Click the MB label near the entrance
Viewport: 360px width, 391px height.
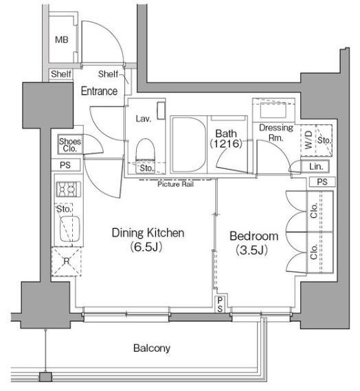click(62, 40)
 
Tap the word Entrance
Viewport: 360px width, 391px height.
click(99, 91)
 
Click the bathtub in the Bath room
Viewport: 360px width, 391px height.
click(189, 144)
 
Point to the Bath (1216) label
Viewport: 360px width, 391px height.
click(226, 139)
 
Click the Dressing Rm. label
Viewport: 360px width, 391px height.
click(276, 133)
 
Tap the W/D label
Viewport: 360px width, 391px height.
click(308, 140)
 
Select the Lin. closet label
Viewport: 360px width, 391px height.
click(316, 166)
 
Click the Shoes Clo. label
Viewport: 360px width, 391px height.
click(70, 145)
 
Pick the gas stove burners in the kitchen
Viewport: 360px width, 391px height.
click(69, 189)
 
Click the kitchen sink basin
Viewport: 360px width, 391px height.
click(70, 229)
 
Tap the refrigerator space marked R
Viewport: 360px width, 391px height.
click(67, 261)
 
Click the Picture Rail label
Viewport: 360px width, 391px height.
click(175, 184)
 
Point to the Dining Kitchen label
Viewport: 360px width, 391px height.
click(148, 233)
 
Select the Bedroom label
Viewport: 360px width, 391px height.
click(254, 236)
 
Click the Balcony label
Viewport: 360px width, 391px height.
click(152, 348)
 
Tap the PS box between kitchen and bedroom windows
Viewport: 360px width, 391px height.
click(220, 304)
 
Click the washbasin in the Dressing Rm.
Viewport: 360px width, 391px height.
click(273, 110)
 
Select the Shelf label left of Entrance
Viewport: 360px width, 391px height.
click(61, 74)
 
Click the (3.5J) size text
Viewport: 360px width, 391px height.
click(252, 250)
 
